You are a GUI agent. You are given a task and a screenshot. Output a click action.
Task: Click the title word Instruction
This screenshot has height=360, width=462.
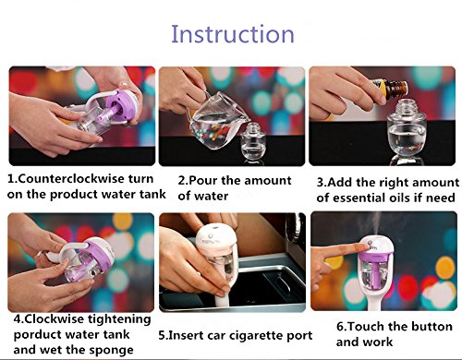[233, 33]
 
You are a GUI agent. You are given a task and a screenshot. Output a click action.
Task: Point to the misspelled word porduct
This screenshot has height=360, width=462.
[34, 335]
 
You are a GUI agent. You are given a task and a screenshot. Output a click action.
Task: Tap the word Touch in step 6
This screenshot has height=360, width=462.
[364, 326]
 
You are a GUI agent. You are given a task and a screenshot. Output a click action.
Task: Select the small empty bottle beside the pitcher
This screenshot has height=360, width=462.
[253, 141]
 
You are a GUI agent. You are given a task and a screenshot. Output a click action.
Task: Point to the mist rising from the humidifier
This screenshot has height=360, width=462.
[376, 223]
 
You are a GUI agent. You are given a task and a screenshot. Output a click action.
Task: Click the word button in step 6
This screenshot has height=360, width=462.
[433, 326]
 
